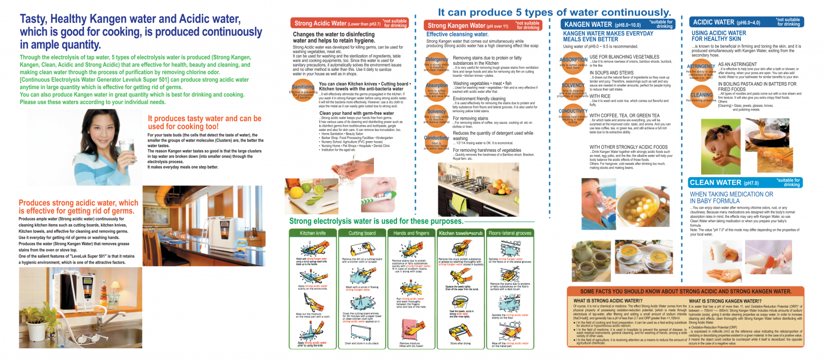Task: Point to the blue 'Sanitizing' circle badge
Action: coord(303,90)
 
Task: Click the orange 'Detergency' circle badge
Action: coord(437,62)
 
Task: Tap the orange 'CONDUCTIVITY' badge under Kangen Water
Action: coord(573,115)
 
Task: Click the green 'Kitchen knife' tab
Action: coord(313,233)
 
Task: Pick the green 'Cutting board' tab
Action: coord(362,233)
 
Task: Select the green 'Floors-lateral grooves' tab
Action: coord(510,233)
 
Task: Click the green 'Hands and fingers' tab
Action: coord(411,233)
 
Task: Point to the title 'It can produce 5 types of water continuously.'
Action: coord(554,12)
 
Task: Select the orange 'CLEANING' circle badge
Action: coord(701,97)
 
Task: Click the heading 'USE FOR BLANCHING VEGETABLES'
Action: coord(624,56)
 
